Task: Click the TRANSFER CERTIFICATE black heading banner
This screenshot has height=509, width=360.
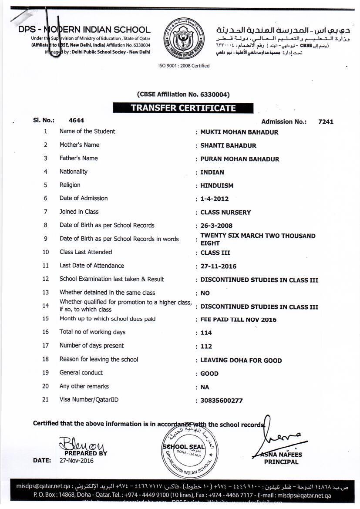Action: [183, 108]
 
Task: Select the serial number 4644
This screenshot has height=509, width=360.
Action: [77, 120]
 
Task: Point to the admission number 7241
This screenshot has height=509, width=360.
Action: [326, 121]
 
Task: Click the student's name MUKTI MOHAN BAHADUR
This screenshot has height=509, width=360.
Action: [239, 132]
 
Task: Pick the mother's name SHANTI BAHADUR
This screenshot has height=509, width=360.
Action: [228, 145]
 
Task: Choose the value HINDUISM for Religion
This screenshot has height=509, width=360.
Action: [217, 185]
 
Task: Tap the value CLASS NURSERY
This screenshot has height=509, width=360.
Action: [225, 212]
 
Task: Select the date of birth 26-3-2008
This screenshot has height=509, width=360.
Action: [216, 226]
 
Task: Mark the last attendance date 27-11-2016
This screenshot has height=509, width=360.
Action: [218, 266]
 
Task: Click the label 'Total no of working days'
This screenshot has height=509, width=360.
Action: [92, 332]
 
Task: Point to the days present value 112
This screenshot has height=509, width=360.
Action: [206, 346]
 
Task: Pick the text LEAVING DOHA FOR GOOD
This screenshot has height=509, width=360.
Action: [241, 360]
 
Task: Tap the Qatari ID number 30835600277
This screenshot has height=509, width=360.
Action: [221, 401]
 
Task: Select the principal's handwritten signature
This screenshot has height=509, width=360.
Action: [279, 435]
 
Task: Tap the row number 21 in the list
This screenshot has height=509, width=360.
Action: [45, 399]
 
